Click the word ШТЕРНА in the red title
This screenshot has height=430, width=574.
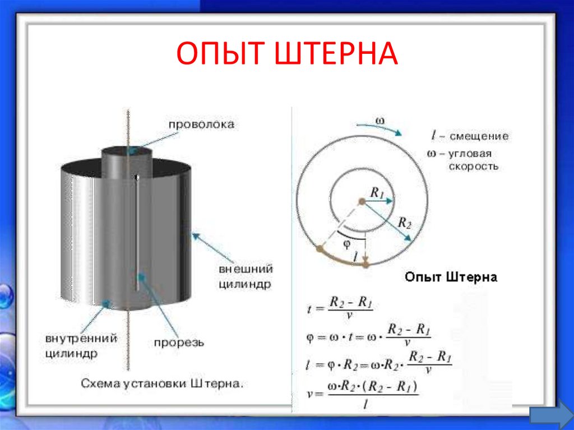(x=336, y=55)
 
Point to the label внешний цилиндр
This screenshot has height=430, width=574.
(x=246, y=276)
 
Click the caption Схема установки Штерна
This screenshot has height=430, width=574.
(x=163, y=384)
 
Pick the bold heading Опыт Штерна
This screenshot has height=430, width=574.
(x=451, y=278)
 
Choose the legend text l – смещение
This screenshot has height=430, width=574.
(x=469, y=136)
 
